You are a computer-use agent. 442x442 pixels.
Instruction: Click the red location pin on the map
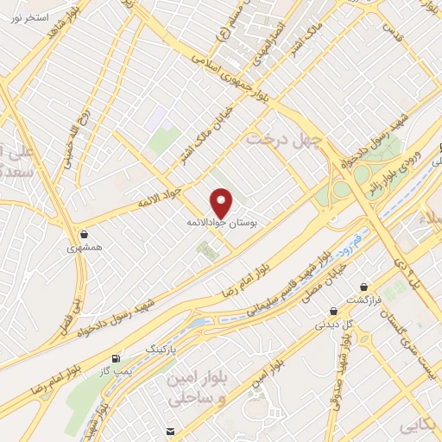pyautogui.click(x=222, y=203)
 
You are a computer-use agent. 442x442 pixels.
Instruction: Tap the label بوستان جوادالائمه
pyautogui.click(x=223, y=222)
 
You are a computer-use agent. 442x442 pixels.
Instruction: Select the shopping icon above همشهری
pyautogui.click(x=84, y=234)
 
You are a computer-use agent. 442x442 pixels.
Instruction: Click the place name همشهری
pyautogui.click(x=84, y=248)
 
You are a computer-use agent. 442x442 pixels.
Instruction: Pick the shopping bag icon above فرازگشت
pyautogui.click(x=364, y=287)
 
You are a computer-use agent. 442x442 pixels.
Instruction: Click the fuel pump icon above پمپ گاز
pyautogui.click(x=115, y=357)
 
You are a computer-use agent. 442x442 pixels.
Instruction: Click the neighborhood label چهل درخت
pyautogui.click(x=284, y=137)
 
